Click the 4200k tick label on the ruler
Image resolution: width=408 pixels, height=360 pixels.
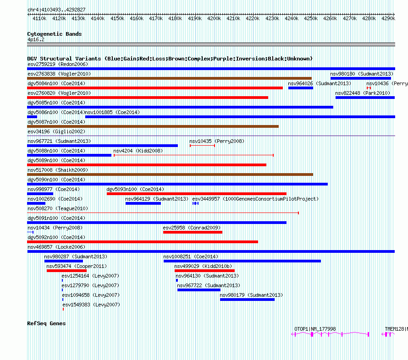pyautogui.click(x=214, y=18)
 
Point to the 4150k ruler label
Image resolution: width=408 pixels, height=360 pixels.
pyautogui.click(x=117, y=18)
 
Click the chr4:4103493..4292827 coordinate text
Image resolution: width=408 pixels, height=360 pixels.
pyautogui.click(x=56, y=10)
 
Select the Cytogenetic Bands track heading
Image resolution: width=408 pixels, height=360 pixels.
pyautogui.click(x=55, y=34)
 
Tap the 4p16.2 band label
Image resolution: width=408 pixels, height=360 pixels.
pyautogui.click(x=36, y=39)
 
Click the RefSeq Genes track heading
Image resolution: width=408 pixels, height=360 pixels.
pyautogui.click(x=46, y=323)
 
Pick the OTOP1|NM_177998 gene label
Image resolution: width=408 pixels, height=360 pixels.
pyautogui.click(x=315, y=329)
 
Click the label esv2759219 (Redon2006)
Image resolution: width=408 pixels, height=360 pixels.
pyautogui.click(x=58, y=64)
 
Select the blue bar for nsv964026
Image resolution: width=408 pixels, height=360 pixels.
pyautogui.click(x=301, y=88)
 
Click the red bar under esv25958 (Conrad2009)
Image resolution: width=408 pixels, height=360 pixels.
pyautogui.click(x=193, y=232)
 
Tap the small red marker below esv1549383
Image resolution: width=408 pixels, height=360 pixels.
pyautogui.click(x=63, y=309)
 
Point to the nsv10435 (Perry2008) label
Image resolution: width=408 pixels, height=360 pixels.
pyautogui.click(x=217, y=141)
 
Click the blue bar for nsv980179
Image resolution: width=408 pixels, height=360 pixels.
pyautogui.click(x=247, y=300)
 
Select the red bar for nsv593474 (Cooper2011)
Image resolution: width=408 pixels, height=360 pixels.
pyautogui.click(x=66, y=271)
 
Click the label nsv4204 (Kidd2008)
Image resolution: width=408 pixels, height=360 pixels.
pyautogui.click(x=138, y=151)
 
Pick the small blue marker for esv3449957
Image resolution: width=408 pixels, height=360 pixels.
pyautogui.click(x=195, y=203)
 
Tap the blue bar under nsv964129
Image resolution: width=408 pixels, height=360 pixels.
pyautogui.click(x=143, y=203)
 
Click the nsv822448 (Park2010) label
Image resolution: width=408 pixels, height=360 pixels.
pyautogui.click(x=363, y=93)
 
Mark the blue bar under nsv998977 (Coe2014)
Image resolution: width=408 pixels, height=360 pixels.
pyautogui.click(x=40, y=194)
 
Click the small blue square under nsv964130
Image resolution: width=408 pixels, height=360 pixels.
pyautogui.click(x=177, y=280)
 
